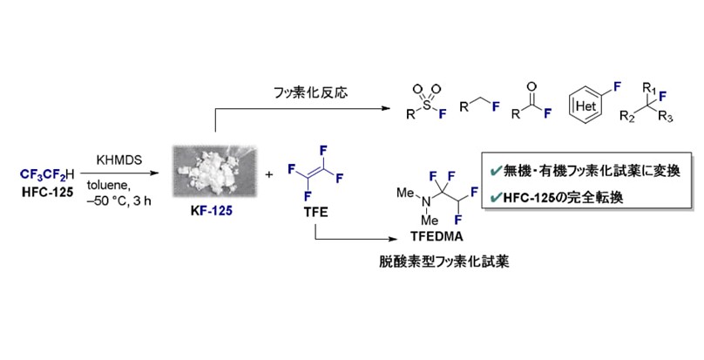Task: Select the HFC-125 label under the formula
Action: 47,193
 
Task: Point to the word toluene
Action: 109,186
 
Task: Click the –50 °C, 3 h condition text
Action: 119,200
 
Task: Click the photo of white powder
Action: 215,171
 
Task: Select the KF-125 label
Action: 212,211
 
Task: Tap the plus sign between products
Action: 269,175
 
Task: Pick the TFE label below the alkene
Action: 316,211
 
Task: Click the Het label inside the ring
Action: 586,106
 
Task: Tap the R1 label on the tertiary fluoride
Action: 649,87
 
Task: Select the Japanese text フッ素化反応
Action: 311,92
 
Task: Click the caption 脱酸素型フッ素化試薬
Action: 444,262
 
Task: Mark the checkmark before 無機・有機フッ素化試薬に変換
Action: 496,171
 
